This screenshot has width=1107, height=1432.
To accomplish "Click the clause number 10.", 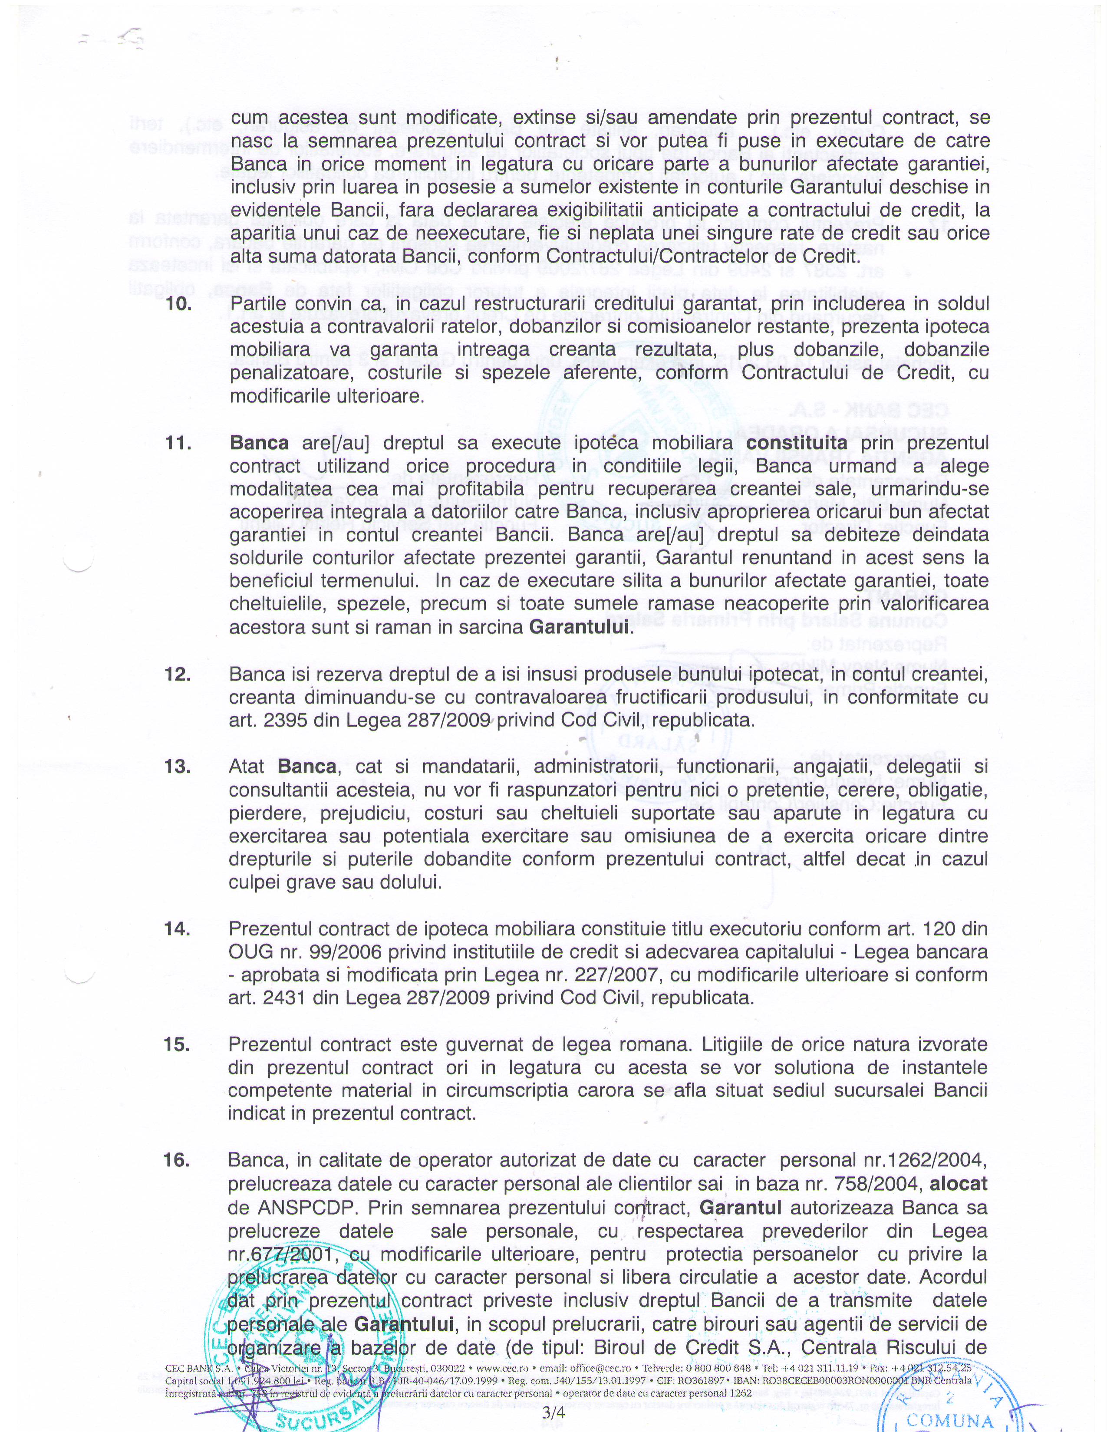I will pyautogui.click(x=178, y=304).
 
